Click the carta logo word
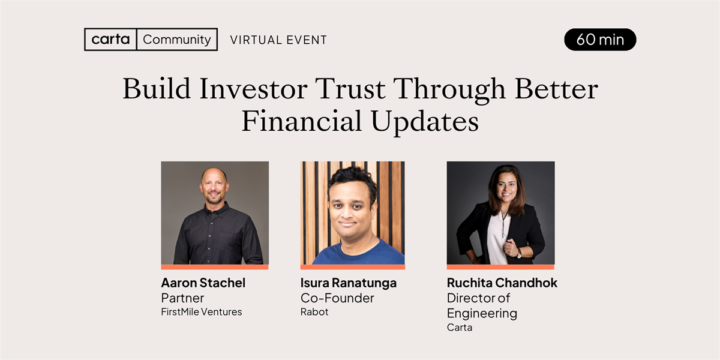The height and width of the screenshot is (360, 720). point(110,39)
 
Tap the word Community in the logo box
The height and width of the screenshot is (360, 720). point(177,40)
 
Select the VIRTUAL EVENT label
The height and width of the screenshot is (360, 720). point(278,40)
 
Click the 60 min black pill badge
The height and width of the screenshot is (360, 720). point(600,40)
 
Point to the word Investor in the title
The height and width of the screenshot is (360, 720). point(253,89)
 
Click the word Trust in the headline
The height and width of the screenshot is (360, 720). point(350,89)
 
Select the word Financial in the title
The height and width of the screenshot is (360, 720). point(301,121)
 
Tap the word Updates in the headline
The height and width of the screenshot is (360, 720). point(425,122)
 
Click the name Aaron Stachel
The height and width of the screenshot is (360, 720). point(203,283)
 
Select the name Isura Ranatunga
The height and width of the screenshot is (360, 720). point(349,283)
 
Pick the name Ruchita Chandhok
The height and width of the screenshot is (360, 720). point(502,283)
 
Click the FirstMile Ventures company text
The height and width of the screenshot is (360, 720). point(202,312)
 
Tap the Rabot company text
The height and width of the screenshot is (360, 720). point(314,312)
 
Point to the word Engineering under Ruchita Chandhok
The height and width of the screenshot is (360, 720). point(482,314)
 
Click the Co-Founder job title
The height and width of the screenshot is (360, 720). point(337,298)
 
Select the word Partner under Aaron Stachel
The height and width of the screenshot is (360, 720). point(182,298)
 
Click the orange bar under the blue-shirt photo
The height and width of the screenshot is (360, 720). point(353,267)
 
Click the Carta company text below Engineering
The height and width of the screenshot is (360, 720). point(460,328)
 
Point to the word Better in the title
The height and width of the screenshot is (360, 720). point(556,89)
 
